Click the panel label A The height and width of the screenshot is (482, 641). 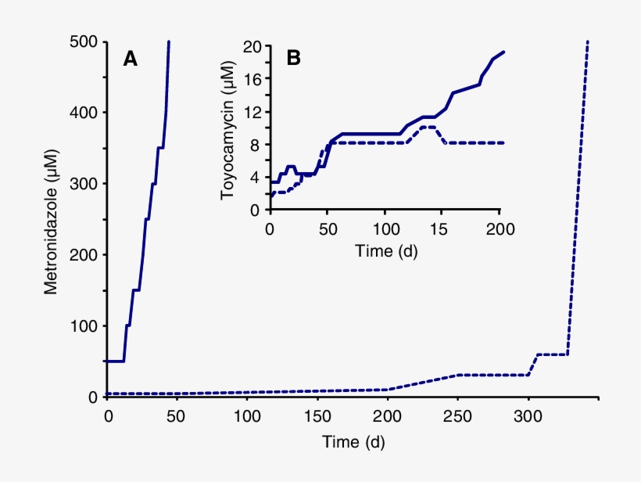point(131,59)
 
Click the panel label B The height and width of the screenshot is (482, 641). point(294,57)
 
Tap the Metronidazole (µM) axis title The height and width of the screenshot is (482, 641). point(51,221)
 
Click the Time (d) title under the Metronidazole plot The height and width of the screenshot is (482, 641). point(353,442)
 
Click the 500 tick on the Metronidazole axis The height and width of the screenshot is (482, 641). point(83,41)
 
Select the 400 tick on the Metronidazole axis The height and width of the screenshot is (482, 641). point(83,113)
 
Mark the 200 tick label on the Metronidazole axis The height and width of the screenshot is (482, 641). point(83,255)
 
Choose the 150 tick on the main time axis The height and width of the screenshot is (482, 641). point(318,415)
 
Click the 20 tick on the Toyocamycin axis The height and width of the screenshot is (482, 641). point(251,46)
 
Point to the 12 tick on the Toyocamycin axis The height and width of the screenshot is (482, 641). point(251,112)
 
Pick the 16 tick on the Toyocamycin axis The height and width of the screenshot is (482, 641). point(251,79)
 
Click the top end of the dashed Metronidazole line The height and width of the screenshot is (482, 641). point(587,42)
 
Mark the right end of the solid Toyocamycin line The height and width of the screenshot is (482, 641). point(503,52)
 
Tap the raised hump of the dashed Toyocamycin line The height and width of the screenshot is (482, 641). point(428,127)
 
